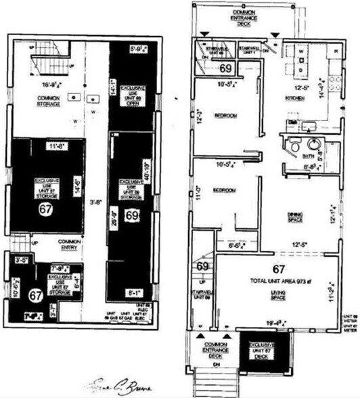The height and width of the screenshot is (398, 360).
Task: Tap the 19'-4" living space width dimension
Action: pyautogui.click(x=279, y=324)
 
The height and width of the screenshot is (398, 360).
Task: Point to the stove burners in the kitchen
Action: pyautogui.click(x=334, y=84)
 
